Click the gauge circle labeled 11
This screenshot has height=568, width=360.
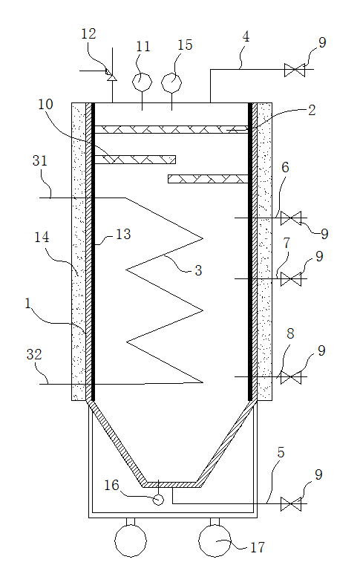pos(142,82)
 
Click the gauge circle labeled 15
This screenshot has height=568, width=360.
pos(171,82)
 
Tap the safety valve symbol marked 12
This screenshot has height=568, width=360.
pos(110,74)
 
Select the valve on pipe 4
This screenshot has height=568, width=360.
pos(295,70)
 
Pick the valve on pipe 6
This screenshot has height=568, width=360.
pos(291,218)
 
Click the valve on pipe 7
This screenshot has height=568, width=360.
pos(291,279)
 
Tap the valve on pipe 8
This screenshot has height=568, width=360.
pos(291,377)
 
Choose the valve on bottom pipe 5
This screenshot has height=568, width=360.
pos(291,504)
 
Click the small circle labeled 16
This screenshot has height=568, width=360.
pos(158,500)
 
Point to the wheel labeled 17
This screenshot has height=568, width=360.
pos(215,541)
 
